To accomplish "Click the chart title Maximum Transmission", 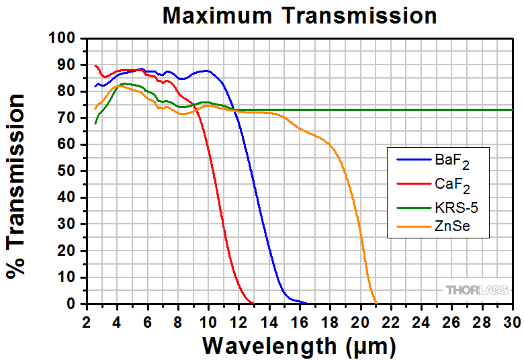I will coord(300,15).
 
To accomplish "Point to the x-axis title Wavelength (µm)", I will coord(300,346).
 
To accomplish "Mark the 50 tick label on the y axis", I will coord(67,171).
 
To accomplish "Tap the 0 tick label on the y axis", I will coord(72,304).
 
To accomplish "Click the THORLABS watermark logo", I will coord(476,290).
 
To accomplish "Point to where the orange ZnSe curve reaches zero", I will coord(376,303).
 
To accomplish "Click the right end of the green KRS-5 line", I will coord(512,109).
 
